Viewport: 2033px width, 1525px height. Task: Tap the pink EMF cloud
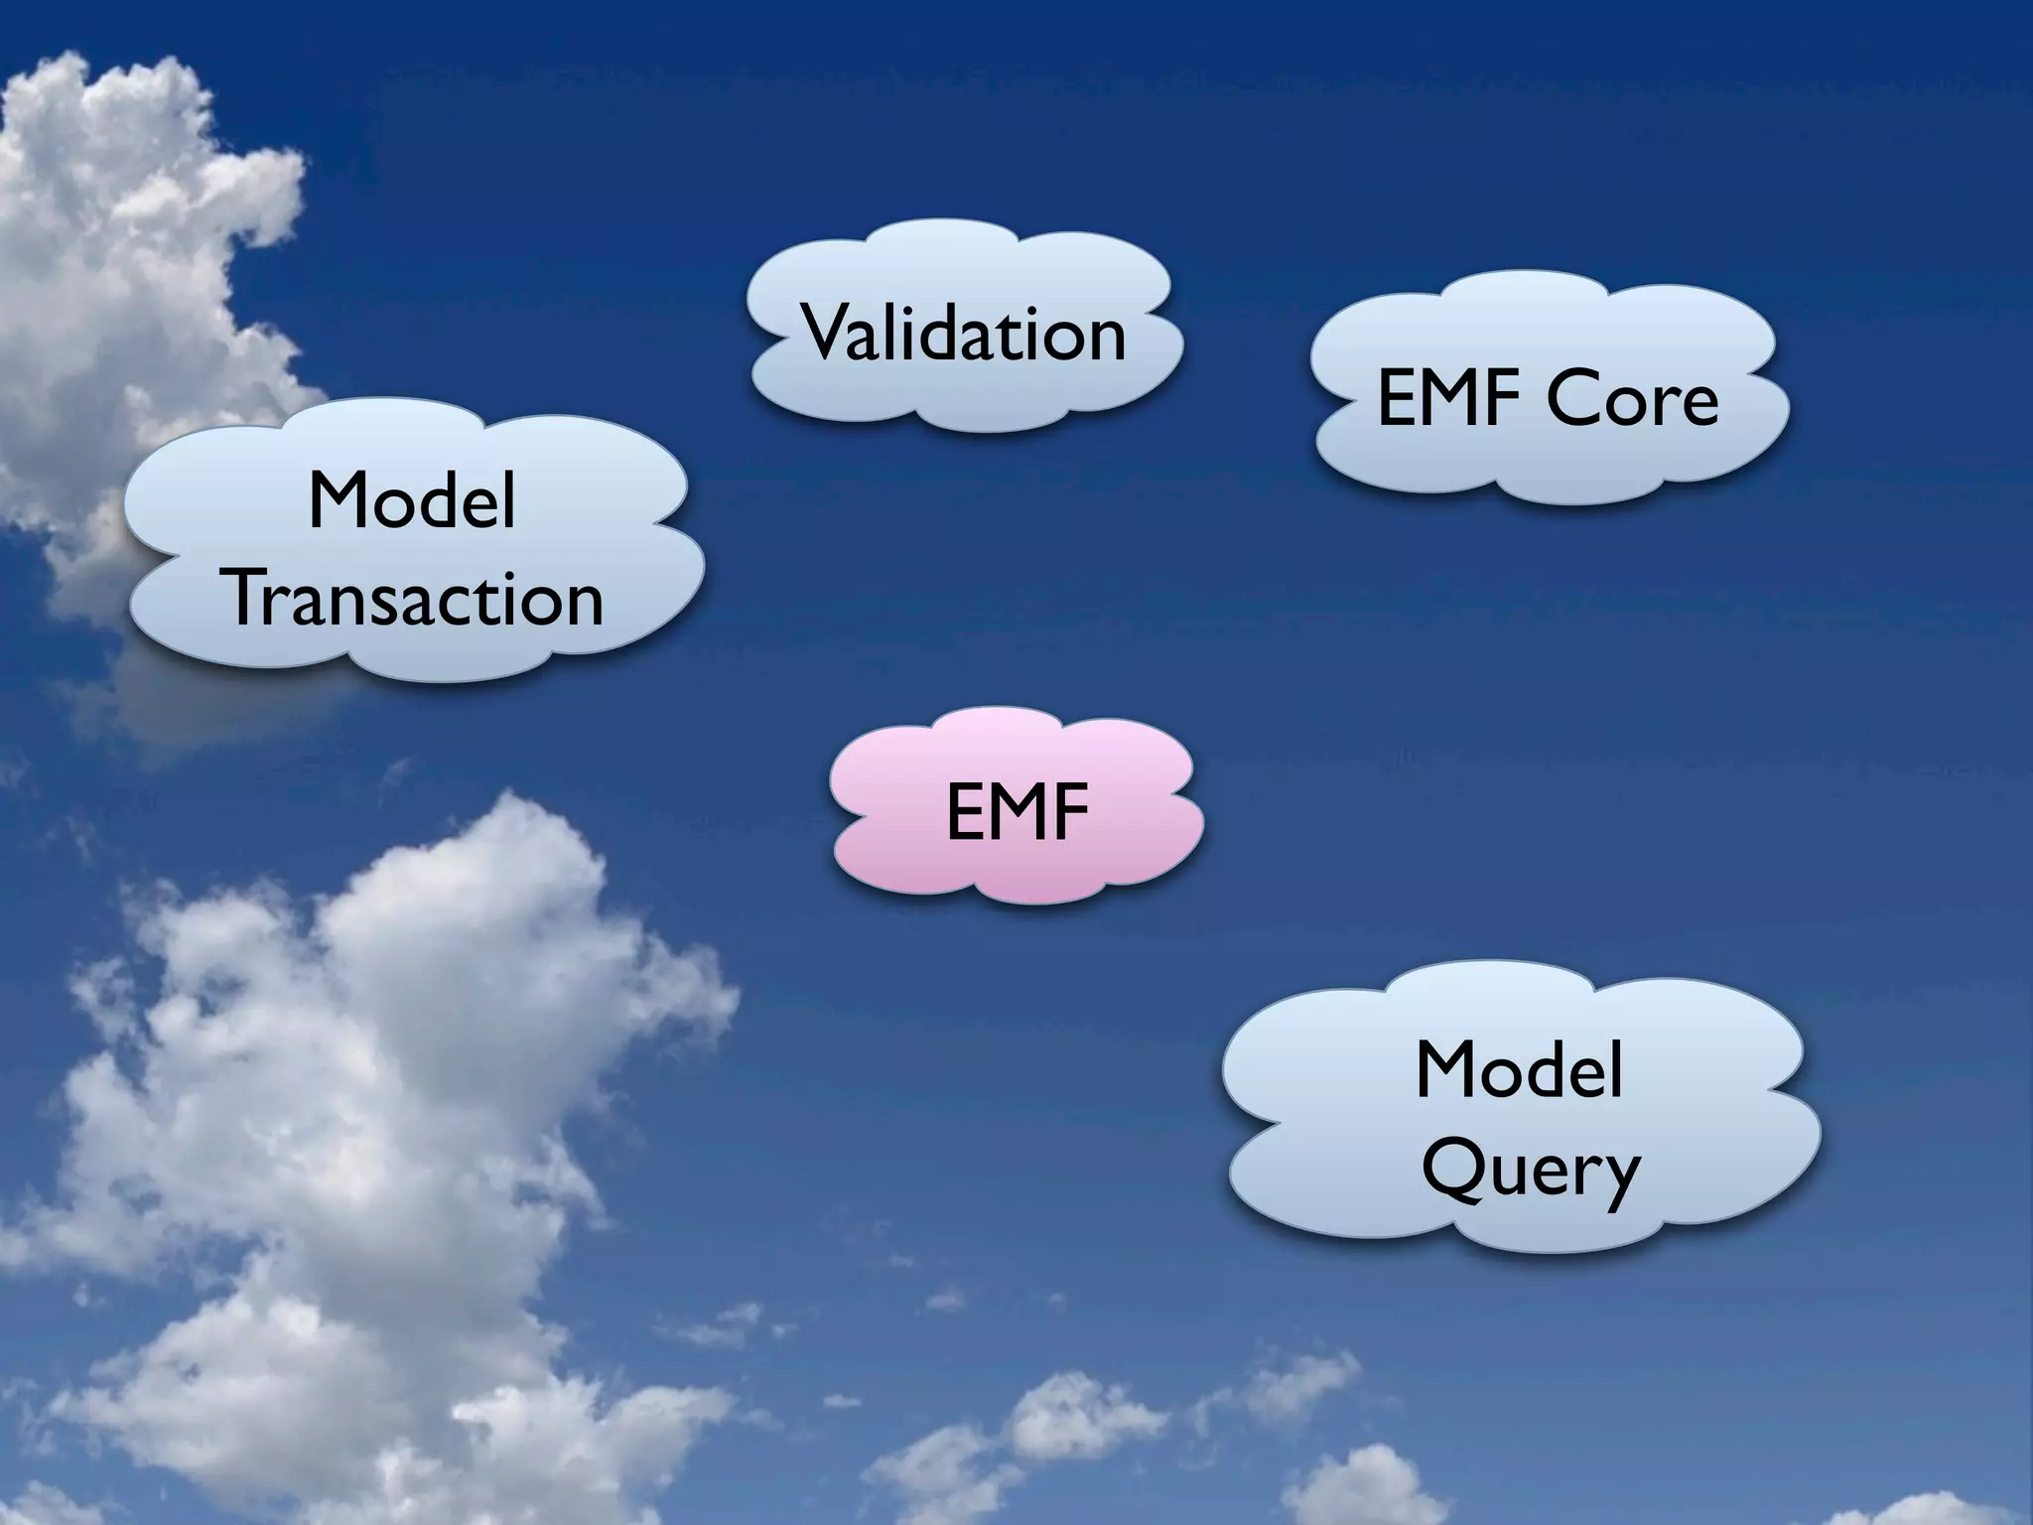1016,809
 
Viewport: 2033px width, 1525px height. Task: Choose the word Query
1530,1172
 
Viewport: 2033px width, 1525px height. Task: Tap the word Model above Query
1519,1069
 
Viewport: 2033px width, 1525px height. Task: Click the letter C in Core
1574,399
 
